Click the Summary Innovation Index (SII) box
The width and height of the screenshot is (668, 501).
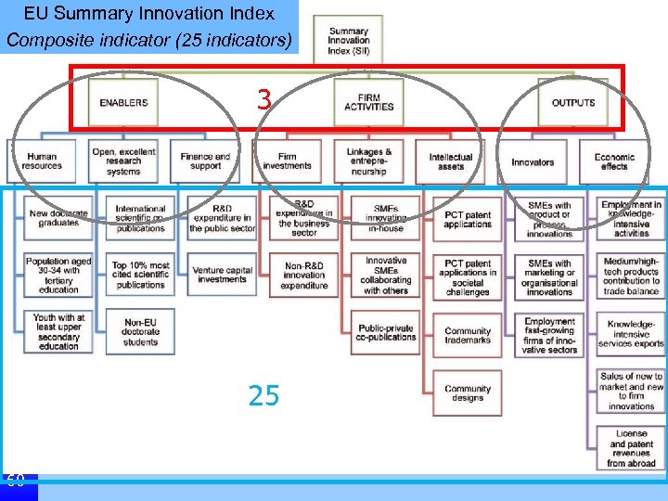(348, 41)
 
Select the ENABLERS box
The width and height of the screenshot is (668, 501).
(123, 103)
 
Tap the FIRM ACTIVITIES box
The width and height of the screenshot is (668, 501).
(368, 101)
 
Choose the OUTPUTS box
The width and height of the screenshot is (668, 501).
(573, 103)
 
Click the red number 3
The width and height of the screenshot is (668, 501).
(264, 100)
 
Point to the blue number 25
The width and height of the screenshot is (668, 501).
(264, 397)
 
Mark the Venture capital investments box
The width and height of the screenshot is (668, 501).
(222, 275)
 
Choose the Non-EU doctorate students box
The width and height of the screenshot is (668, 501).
(140, 332)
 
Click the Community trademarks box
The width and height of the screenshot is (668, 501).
(468, 336)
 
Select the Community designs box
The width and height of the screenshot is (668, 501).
(468, 394)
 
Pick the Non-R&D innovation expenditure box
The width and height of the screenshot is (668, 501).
(303, 275)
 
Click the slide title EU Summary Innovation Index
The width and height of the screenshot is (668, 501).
(149, 14)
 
